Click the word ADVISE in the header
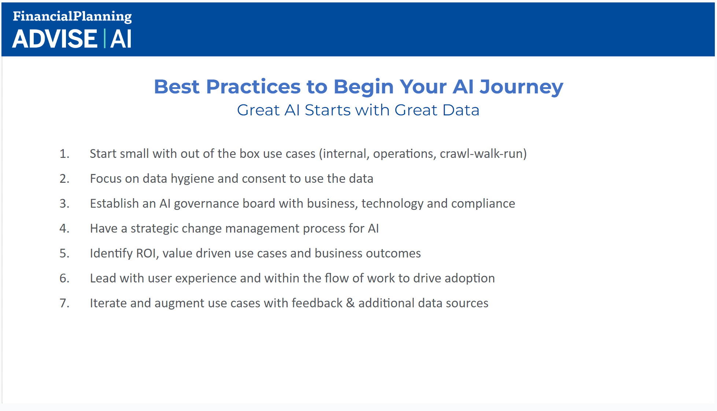(55, 39)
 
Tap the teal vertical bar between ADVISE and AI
(104, 38)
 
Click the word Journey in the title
(522, 88)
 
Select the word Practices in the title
(254, 87)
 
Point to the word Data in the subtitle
(461, 110)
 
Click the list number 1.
(64, 154)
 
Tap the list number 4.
(64, 229)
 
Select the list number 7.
(64, 303)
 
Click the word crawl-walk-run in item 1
(481, 154)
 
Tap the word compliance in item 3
(483, 204)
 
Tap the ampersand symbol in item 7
(350, 303)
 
